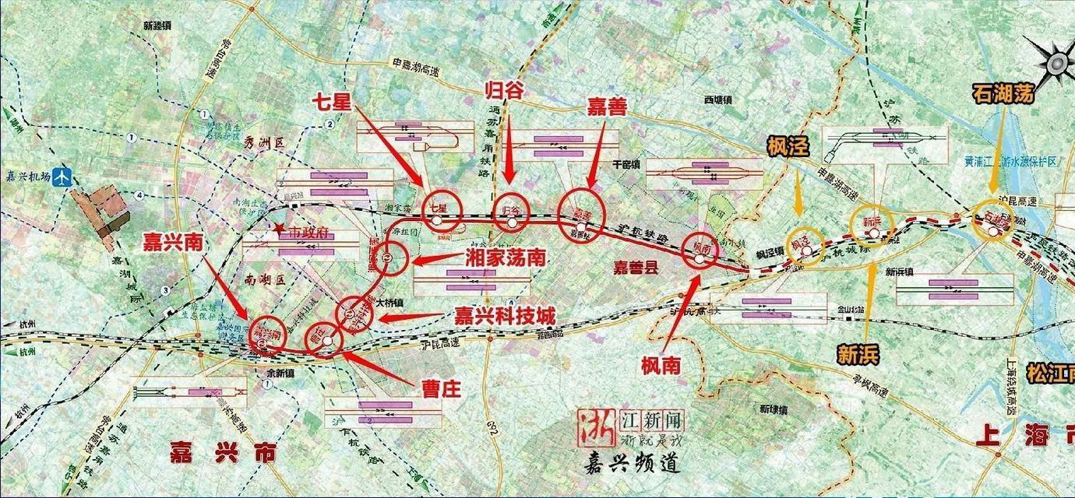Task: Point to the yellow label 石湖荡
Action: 1003,93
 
